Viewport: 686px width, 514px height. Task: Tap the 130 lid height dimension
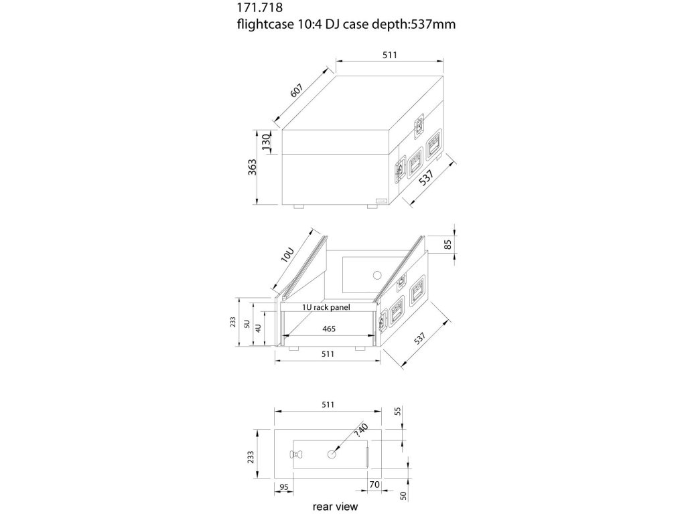pos(266,142)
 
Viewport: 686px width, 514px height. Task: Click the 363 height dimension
pos(251,167)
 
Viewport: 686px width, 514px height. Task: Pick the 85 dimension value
pos(448,246)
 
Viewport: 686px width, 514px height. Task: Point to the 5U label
pos(247,325)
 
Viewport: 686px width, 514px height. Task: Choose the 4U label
pos(258,329)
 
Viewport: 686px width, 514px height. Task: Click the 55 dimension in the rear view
pos(397,412)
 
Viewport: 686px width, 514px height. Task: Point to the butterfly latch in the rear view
pos(298,455)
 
